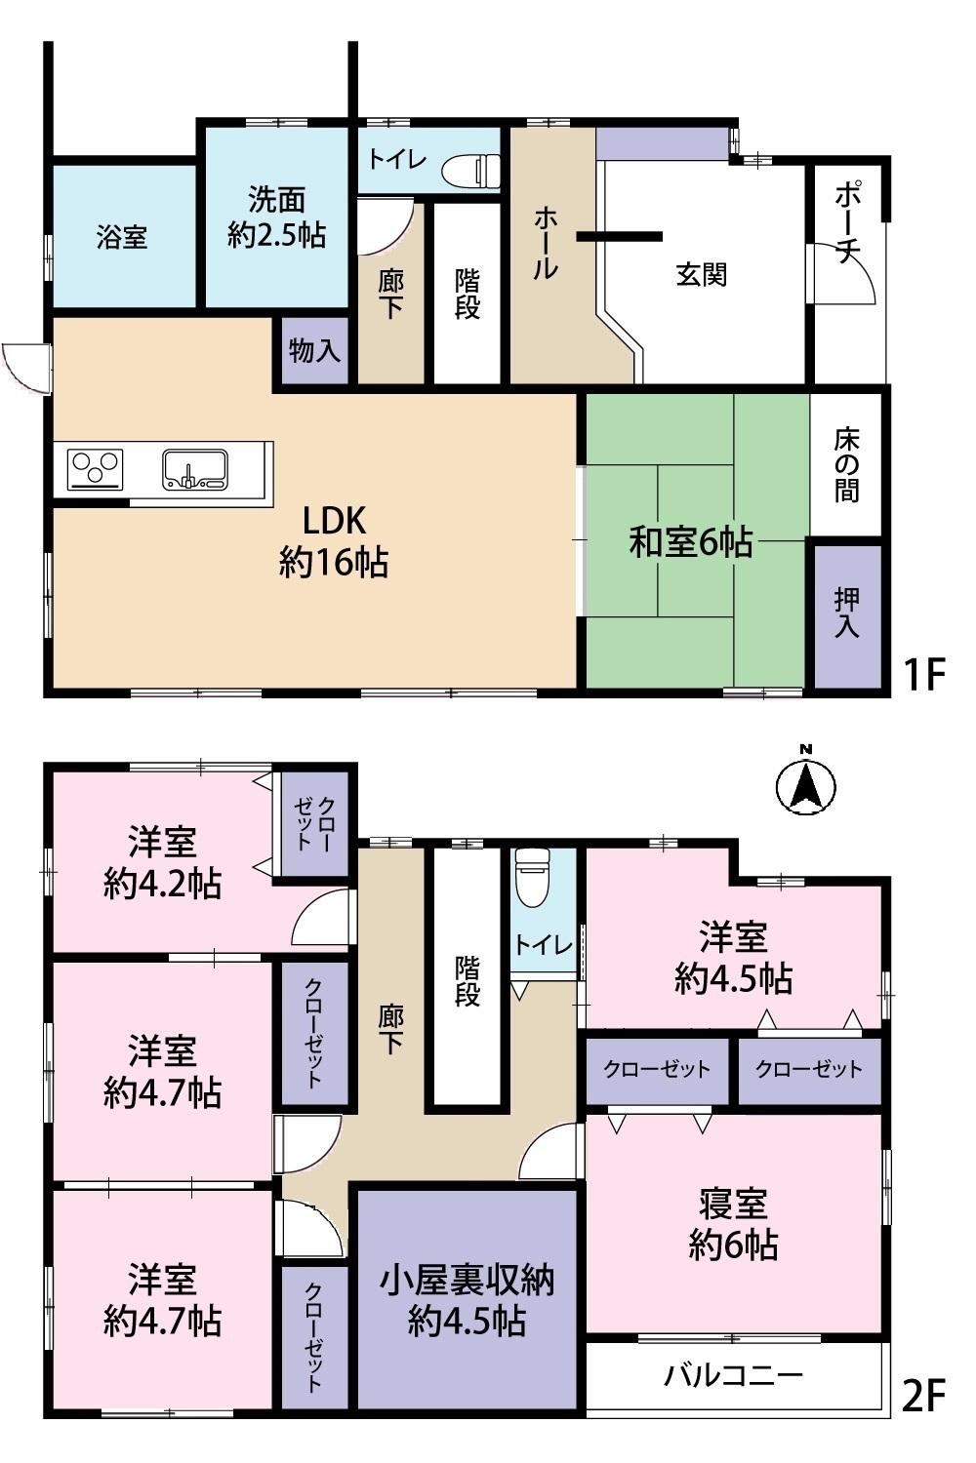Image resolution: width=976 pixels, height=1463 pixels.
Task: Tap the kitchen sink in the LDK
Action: (x=195, y=469)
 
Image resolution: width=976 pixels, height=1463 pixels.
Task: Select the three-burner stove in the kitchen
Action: (x=95, y=469)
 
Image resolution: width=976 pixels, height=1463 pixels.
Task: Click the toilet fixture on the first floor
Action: (x=470, y=172)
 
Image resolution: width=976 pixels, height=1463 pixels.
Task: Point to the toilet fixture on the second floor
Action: (x=533, y=877)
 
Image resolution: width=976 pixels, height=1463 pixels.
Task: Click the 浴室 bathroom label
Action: (x=122, y=236)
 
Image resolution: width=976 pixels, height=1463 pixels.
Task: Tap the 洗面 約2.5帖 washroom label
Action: (x=276, y=217)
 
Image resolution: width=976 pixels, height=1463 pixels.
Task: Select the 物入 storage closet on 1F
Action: (x=315, y=351)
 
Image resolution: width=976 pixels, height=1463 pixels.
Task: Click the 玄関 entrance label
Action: (x=701, y=274)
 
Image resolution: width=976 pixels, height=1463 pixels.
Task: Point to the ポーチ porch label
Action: (x=846, y=222)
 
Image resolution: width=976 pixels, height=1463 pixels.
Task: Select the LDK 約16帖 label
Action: (x=334, y=541)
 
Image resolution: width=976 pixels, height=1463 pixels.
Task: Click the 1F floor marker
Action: (x=923, y=674)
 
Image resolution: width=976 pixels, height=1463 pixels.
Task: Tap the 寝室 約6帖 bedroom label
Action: (x=733, y=1225)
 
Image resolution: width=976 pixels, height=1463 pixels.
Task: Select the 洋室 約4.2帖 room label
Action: (x=162, y=862)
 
